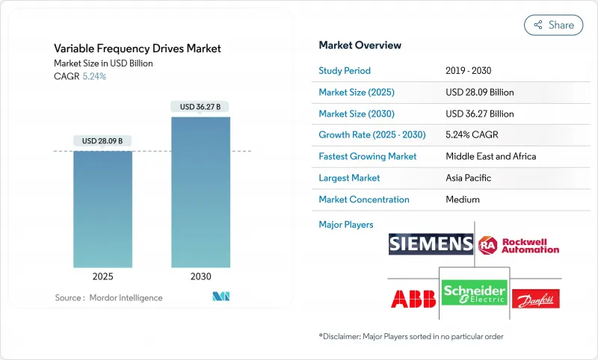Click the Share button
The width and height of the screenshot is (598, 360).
(x=553, y=25)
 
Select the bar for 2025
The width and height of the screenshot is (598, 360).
(x=102, y=209)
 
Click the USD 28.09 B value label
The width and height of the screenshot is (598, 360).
(x=102, y=141)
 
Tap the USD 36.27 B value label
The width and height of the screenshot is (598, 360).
(x=200, y=107)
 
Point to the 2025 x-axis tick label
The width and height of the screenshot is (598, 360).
(x=102, y=276)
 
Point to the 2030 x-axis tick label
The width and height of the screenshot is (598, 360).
(x=200, y=276)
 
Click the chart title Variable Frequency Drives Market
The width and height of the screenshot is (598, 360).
(x=138, y=49)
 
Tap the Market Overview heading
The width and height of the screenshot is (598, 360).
(x=360, y=45)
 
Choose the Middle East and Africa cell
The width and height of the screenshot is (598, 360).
(x=490, y=157)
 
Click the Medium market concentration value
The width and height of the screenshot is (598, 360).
(x=463, y=199)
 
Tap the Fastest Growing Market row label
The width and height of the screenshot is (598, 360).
(x=368, y=157)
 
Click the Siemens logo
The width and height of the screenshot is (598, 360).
(x=431, y=243)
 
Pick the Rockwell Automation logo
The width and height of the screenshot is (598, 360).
(x=520, y=243)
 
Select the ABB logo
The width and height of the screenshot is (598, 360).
(x=413, y=298)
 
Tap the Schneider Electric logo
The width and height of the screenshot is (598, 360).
(x=474, y=292)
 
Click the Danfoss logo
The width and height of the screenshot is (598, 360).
(x=534, y=299)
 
